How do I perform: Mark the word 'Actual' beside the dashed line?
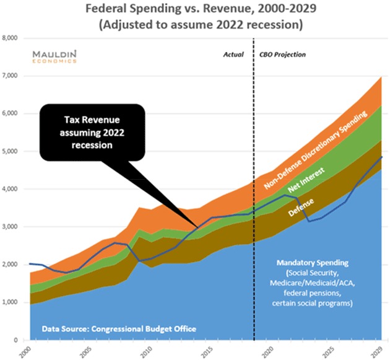click(x=234, y=55)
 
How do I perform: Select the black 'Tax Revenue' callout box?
click(x=92, y=131)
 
